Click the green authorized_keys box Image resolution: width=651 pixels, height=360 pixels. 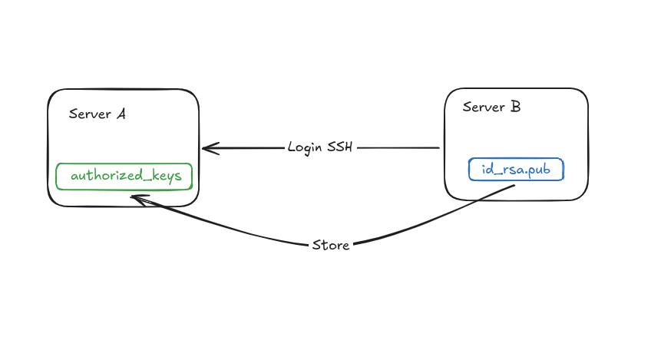[124, 176]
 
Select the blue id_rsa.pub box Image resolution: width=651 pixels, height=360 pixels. [516, 169]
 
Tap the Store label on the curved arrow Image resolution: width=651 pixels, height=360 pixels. [331, 246]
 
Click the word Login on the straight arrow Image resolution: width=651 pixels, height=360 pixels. [306, 147]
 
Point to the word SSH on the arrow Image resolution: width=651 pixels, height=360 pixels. [340, 147]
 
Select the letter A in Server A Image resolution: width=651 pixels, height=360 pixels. [121, 114]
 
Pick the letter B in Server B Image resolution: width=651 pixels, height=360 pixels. [514, 107]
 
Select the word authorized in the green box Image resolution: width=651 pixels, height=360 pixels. [103, 176]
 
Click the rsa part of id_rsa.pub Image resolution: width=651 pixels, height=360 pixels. [509, 169]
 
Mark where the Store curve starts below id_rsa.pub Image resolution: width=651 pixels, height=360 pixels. [503, 184]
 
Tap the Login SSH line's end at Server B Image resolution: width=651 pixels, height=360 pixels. [438, 148]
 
